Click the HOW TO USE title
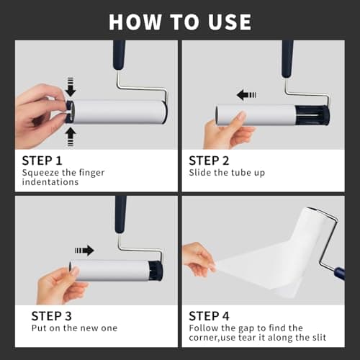pyautogui.click(x=180, y=21)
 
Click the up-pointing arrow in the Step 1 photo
pyautogui.click(x=69, y=134)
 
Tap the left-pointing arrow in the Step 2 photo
pyautogui.click(x=247, y=94)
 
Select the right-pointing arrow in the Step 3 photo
pyautogui.click(x=84, y=250)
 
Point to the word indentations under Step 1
pyautogui.click(x=51, y=183)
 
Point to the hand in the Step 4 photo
pyautogui.click(x=198, y=258)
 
